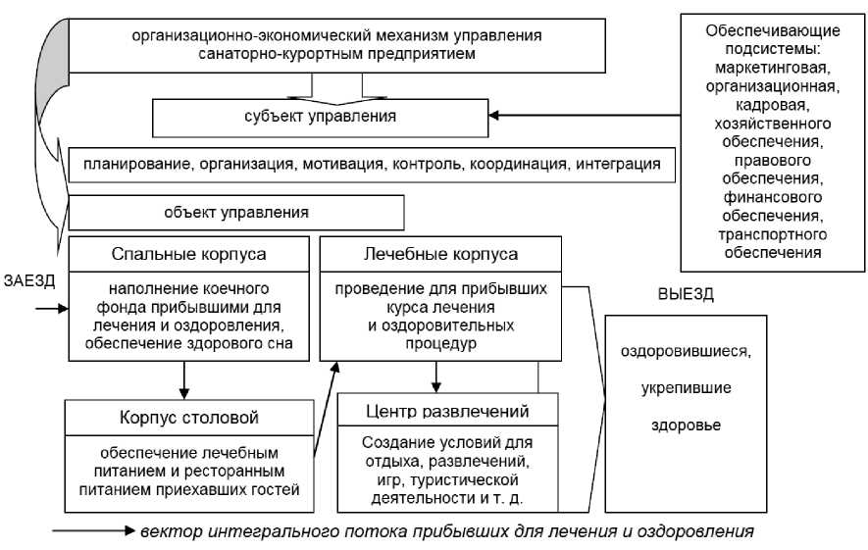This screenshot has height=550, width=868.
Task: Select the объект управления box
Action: point(236,212)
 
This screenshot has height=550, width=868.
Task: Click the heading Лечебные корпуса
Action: point(440,254)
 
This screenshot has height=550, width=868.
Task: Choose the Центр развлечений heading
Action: point(446,410)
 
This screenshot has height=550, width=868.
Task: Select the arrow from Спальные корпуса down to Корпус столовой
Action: point(183,379)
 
